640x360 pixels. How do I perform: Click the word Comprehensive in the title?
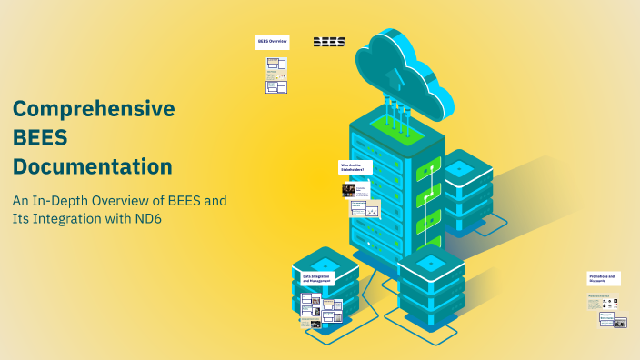pyautogui.click(x=94, y=109)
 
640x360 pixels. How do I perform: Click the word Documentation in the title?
pyautogui.click(x=92, y=167)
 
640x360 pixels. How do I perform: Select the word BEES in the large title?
pyautogui.click(x=40, y=138)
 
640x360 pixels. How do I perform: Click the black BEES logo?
pyautogui.click(x=329, y=42)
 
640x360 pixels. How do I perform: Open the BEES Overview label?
pyautogui.click(x=273, y=42)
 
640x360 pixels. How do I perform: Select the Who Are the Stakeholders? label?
pyautogui.click(x=352, y=167)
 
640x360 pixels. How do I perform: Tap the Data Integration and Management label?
pyautogui.click(x=316, y=277)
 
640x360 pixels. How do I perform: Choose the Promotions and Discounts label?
pyautogui.click(x=604, y=277)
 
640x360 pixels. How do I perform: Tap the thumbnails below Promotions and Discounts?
pyautogui.click(x=606, y=312)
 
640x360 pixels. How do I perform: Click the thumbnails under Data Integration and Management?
pyautogui.click(x=321, y=310)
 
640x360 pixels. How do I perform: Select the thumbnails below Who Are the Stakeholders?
pyautogui.click(x=360, y=200)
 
